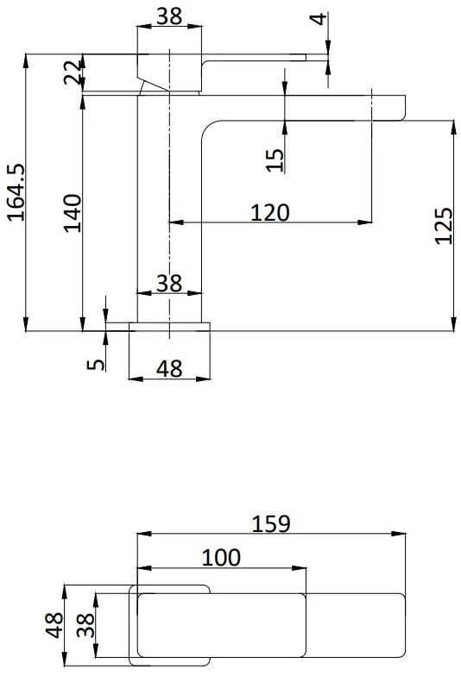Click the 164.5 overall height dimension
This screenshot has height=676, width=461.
[x=16, y=191]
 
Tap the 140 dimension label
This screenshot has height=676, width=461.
[x=73, y=213]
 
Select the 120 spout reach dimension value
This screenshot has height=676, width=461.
[x=269, y=212]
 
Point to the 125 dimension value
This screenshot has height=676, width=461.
[x=444, y=226]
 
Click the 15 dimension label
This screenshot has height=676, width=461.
[x=275, y=160]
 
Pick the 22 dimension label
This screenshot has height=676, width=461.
[x=73, y=72]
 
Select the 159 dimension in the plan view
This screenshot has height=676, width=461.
[x=271, y=524]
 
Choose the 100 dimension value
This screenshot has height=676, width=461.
[x=221, y=557]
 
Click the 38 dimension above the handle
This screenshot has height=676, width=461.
[x=169, y=17]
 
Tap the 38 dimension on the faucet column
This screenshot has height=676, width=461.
[x=169, y=283]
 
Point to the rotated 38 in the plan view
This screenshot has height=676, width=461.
[x=85, y=625]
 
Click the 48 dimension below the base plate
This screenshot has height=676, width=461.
[x=169, y=369]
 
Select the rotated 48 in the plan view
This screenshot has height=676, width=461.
[x=54, y=625]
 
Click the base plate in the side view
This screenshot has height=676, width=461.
[x=169, y=327]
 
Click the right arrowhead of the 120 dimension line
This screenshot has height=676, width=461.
[x=365, y=222]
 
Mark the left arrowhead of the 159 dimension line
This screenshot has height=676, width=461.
[x=143, y=534]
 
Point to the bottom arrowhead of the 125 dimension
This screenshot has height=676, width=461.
[x=453, y=324]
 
